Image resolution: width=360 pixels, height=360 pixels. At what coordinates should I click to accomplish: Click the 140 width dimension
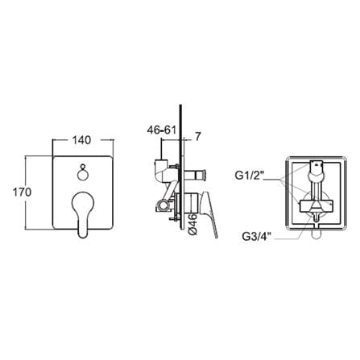click(x=81, y=140)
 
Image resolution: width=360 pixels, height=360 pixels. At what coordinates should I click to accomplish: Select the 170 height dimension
click(x=23, y=192)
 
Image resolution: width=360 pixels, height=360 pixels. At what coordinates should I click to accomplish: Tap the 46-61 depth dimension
click(x=161, y=130)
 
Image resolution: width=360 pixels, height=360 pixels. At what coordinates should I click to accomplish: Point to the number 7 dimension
click(x=197, y=137)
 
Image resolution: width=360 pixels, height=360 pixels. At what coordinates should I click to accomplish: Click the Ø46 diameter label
click(x=193, y=225)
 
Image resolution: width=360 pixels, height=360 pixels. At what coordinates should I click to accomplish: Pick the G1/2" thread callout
click(x=250, y=176)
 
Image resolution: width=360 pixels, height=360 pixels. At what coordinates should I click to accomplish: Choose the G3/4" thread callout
click(x=257, y=236)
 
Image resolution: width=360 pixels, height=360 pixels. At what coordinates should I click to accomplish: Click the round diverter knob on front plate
click(x=83, y=175)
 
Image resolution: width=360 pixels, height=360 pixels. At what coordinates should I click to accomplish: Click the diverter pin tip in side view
click(x=205, y=175)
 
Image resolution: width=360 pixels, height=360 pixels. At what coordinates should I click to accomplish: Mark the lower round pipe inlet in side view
click(x=162, y=206)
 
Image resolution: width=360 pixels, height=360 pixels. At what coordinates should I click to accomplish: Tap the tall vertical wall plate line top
click(x=181, y=105)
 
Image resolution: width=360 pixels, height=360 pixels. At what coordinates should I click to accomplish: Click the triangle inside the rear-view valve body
click(x=316, y=206)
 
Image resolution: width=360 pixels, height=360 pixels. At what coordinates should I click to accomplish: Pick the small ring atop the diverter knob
click(x=83, y=166)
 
